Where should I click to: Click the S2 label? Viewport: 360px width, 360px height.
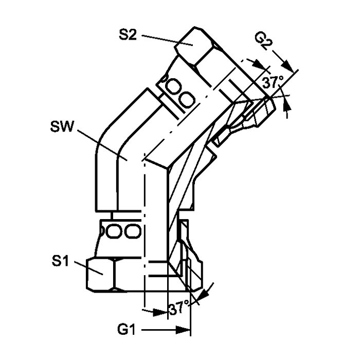click(128, 35)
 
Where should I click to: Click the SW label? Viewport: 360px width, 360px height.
click(62, 127)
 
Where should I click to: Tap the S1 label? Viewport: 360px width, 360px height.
click(60, 261)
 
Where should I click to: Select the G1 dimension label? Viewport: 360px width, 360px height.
click(127, 330)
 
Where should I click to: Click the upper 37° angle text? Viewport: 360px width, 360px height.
click(273, 83)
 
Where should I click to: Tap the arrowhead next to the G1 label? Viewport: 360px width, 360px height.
click(183, 330)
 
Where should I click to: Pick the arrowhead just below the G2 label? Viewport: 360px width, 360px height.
click(288, 66)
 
